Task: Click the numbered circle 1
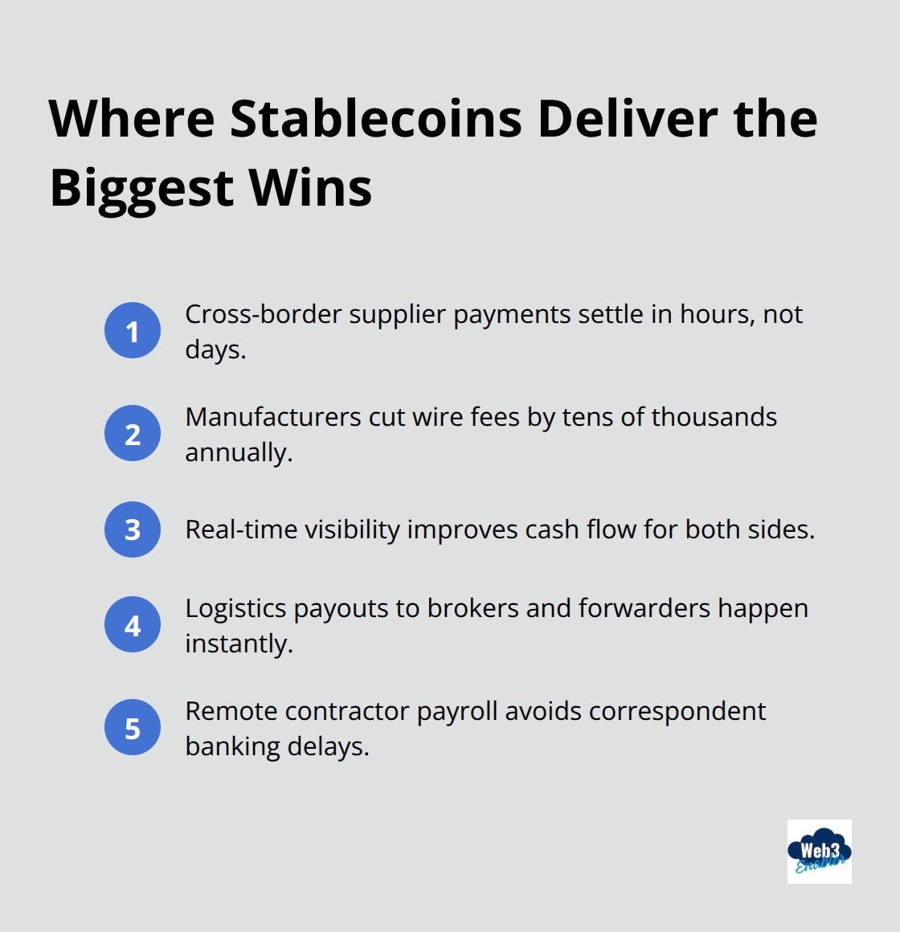pos(133,330)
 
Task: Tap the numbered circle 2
pos(133,433)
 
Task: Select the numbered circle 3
pos(133,529)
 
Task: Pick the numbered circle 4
pos(133,624)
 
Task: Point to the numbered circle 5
pos(133,727)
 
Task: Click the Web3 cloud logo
pos(819,852)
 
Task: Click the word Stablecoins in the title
pos(376,119)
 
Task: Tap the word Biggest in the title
pos(141,188)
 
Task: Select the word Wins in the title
pos(310,188)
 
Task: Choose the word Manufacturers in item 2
pos(273,417)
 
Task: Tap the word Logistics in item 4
pos(235,608)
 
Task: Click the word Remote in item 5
pos(231,711)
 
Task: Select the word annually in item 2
pos(237,452)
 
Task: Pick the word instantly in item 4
pos(238,644)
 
